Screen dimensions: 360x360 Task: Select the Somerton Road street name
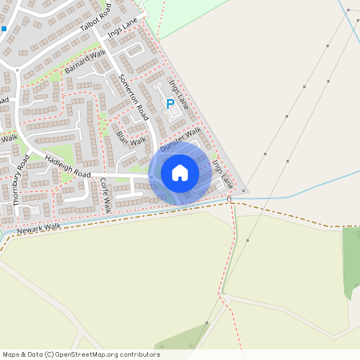pos(134,94)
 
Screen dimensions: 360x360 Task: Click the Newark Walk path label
pos(38,230)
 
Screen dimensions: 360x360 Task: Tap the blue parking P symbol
pos(170,103)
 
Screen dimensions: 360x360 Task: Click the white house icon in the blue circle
pos(180,173)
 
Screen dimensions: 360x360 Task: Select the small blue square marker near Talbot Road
pos(3,29)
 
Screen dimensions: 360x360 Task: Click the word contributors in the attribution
pos(136,354)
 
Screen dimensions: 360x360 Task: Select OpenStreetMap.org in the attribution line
pos(84,354)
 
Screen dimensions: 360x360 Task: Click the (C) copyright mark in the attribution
pos(50,354)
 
